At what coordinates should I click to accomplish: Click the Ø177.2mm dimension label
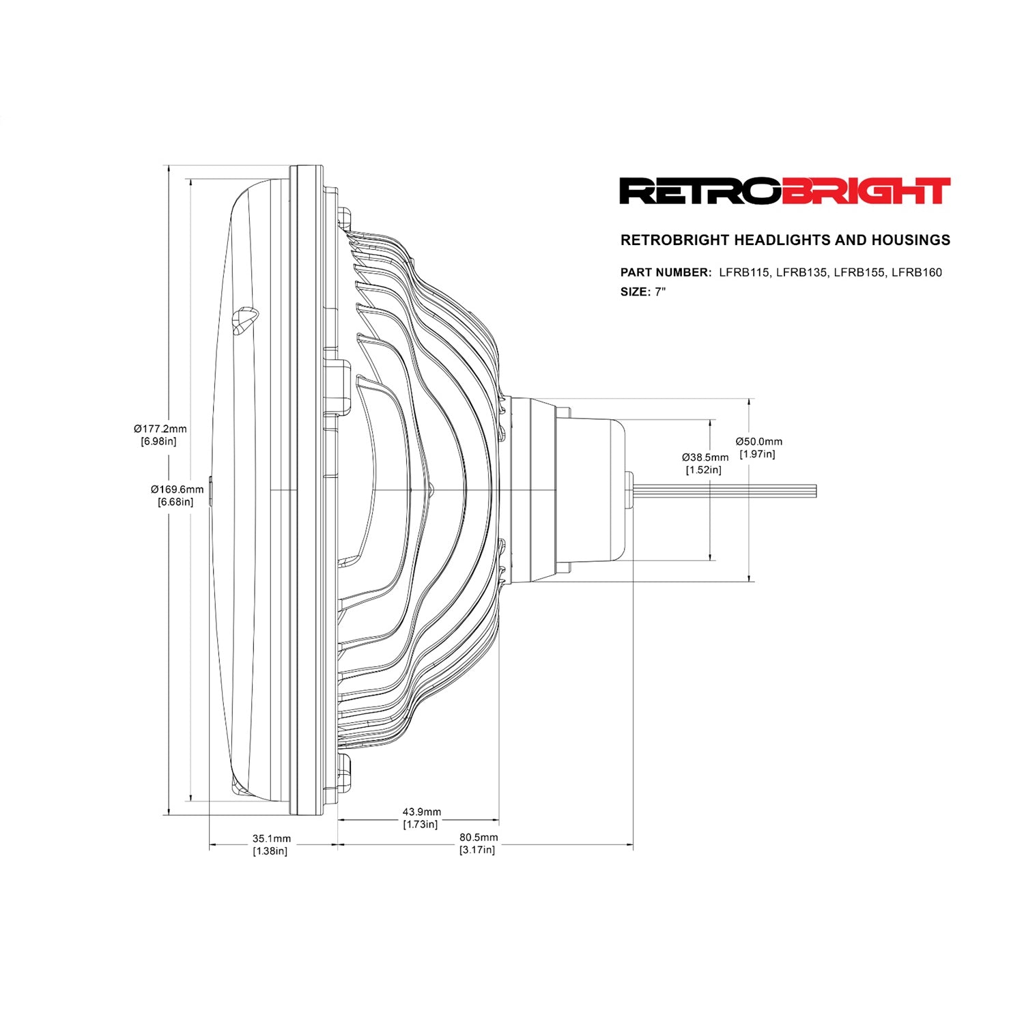pos(160,429)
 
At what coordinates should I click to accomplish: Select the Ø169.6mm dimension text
pos(177,489)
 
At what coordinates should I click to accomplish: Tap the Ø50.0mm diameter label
pos(758,442)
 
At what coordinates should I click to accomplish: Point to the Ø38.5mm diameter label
pos(705,457)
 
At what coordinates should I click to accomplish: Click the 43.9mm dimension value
pos(421,812)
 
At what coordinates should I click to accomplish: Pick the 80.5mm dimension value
pos(479,837)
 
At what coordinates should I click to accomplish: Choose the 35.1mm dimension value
pos(272,838)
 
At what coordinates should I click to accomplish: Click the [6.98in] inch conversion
pos(159,442)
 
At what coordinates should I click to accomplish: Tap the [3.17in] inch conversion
pos(478,850)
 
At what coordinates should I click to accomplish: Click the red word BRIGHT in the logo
pos(866,191)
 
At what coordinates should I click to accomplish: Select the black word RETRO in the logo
pos(700,191)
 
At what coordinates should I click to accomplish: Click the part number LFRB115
pos(744,272)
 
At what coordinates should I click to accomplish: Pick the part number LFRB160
pos(917,272)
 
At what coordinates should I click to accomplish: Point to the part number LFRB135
pos(801,272)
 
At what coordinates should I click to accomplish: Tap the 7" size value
pos(660,292)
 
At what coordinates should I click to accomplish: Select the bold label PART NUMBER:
pos(666,272)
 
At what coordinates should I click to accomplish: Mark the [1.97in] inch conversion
pos(758,455)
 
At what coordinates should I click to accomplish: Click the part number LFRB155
pos(859,272)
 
